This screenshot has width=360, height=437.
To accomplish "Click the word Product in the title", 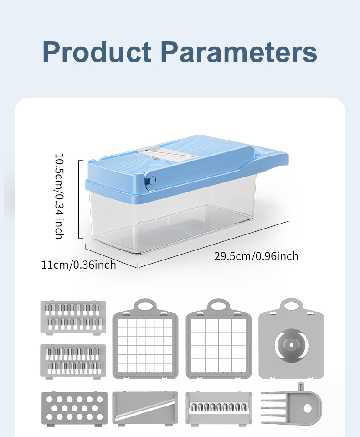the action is pyautogui.click(x=97, y=52).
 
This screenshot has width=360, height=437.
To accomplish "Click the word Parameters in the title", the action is pyautogui.click(x=239, y=52).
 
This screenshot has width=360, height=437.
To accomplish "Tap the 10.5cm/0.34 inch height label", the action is pyautogui.click(x=60, y=196).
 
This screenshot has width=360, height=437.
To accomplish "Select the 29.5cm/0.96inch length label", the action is pyautogui.click(x=256, y=256).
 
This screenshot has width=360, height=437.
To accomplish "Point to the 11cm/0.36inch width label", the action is pyautogui.click(x=78, y=265).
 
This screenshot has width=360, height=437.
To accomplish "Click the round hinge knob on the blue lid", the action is pyautogui.click(x=152, y=180).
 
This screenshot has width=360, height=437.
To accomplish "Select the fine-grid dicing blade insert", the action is pyautogui.click(x=145, y=338).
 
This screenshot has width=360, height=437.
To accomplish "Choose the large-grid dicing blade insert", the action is pyautogui.click(x=219, y=338).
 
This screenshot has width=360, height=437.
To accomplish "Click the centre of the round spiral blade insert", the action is pyautogui.click(x=292, y=345).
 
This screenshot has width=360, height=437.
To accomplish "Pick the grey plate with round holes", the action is pyautogui.click(x=74, y=409).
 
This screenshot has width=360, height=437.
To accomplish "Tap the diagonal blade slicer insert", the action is pyautogui.click(x=145, y=408).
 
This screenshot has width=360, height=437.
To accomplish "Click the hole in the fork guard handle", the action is pyautogui.click(x=308, y=408).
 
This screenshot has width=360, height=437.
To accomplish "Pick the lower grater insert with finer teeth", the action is pyautogui.click(x=73, y=361).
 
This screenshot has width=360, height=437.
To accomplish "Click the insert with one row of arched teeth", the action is pyautogui.click(x=219, y=408).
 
